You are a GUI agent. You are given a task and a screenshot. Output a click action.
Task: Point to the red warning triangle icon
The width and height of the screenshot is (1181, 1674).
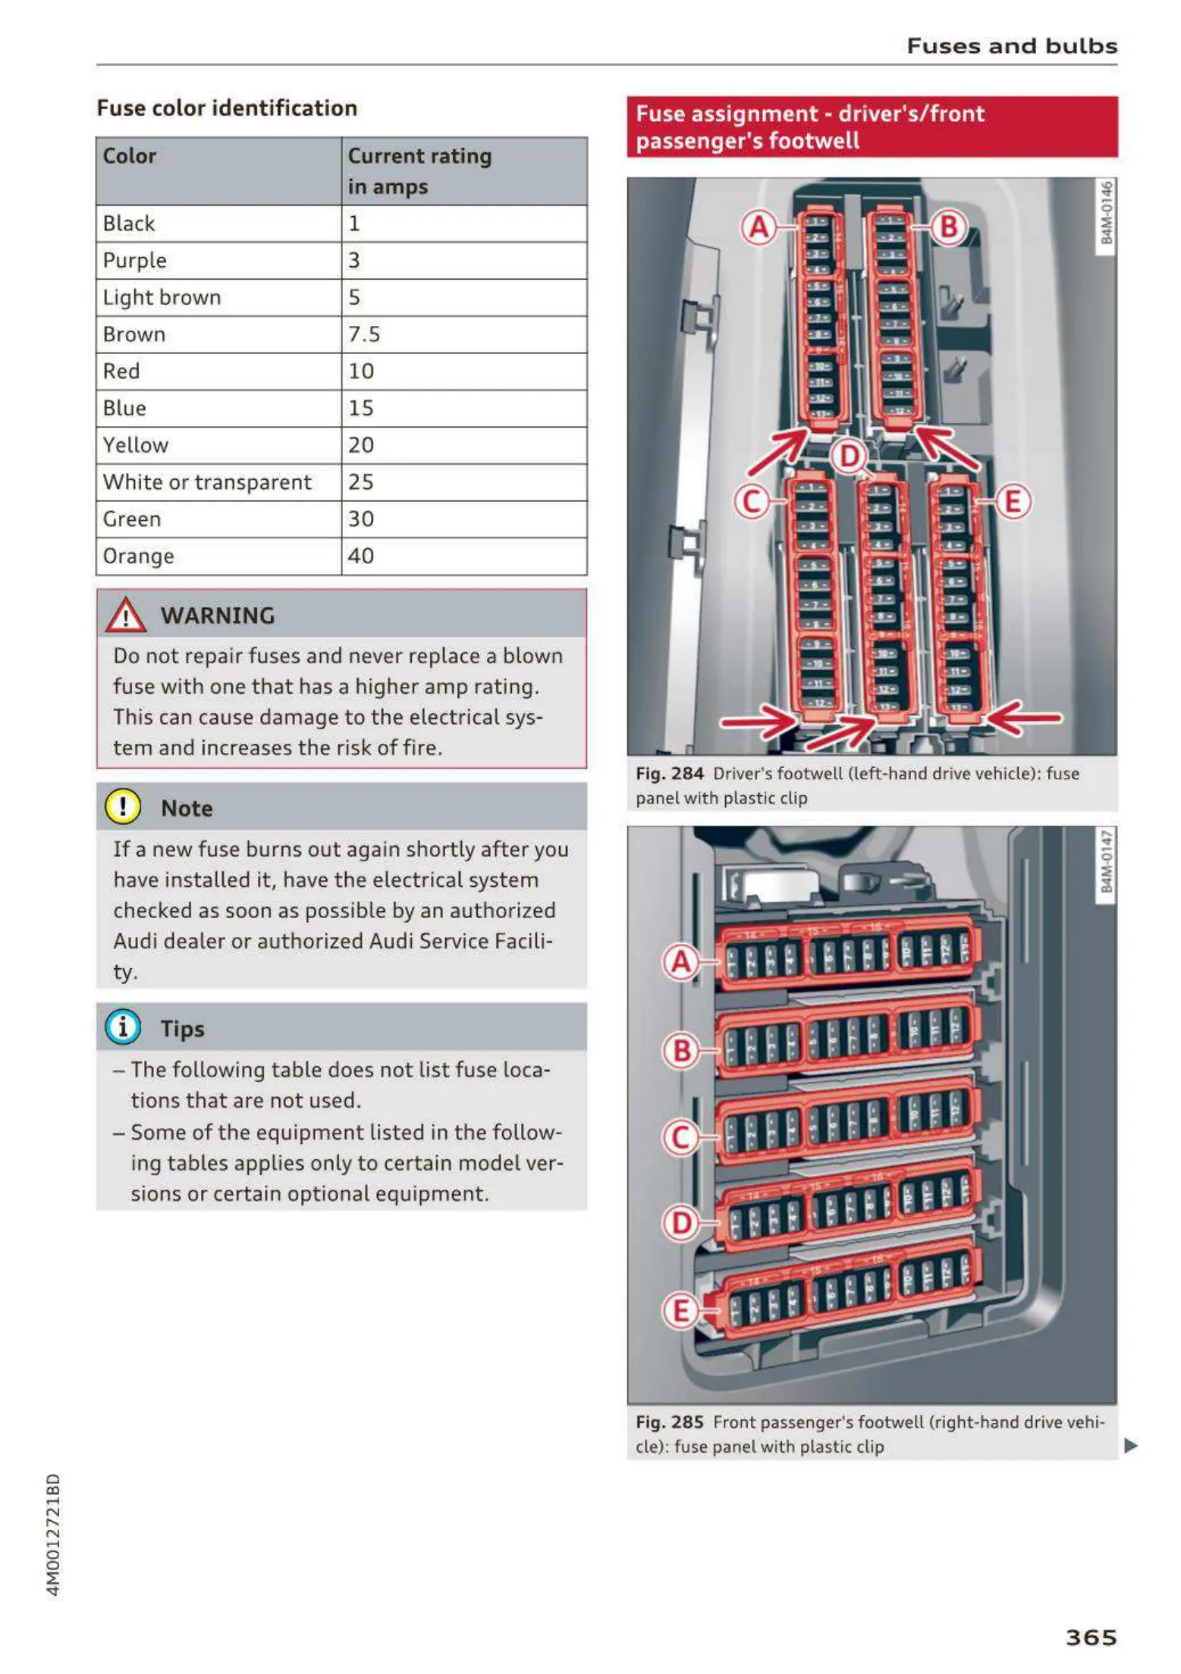tap(125, 615)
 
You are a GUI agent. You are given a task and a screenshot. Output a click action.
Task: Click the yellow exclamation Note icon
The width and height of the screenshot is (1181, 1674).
tap(123, 807)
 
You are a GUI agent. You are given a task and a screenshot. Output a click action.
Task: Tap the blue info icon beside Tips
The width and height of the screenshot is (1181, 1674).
tap(123, 1027)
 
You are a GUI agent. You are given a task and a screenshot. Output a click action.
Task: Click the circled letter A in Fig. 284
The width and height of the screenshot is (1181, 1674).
tap(759, 227)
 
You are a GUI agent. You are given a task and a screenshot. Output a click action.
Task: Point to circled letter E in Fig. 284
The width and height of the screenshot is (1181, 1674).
tap(1013, 502)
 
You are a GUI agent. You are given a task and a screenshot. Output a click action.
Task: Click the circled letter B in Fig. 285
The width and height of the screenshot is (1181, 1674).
tap(681, 1051)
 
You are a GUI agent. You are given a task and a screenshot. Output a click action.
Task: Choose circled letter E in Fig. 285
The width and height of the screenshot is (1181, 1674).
tap(681, 1310)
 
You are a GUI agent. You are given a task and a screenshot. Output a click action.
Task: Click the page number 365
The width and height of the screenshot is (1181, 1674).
tap(1091, 1637)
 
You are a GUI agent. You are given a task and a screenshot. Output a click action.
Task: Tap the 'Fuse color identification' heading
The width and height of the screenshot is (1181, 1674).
tap(227, 108)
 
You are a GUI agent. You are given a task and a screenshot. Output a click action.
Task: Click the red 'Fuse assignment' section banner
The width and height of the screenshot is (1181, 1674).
tap(872, 127)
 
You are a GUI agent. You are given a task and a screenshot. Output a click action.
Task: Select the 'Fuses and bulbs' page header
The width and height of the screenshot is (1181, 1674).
tap(1012, 46)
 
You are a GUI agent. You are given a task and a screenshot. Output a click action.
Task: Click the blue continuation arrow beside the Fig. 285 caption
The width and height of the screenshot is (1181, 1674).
tap(1131, 1445)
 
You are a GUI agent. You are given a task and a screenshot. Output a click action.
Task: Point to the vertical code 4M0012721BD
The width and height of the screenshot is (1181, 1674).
tap(53, 1535)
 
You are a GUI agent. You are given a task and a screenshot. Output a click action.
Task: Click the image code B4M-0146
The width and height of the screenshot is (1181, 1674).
tap(1107, 213)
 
